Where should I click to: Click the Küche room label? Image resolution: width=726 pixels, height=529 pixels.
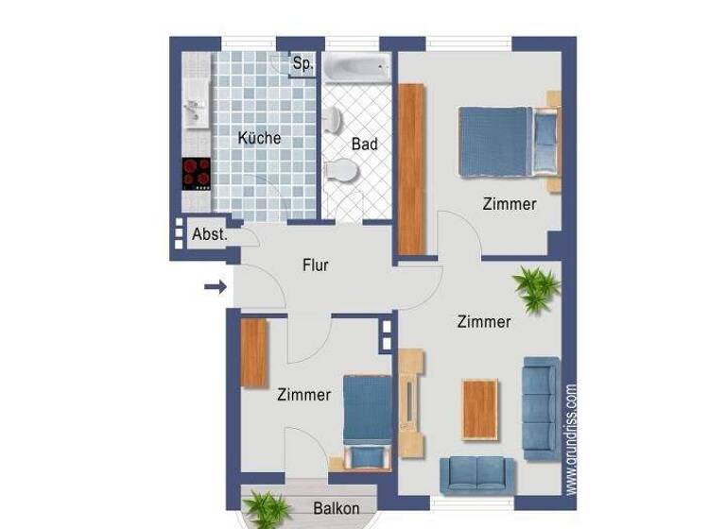(259, 138)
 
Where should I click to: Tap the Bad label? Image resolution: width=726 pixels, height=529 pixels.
(364, 145)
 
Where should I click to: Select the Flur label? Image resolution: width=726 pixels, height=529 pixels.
(315, 265)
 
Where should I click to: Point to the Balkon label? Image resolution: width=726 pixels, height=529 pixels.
(336, 508)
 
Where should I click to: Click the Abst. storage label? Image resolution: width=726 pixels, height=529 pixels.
(209, 234)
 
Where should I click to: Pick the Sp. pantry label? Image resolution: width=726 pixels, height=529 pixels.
(302, 64)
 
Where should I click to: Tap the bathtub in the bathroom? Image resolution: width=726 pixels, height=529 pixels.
(356, 67)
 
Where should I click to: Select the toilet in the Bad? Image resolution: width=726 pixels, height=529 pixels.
(341, 170)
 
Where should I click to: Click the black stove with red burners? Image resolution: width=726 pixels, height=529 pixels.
(197, 173)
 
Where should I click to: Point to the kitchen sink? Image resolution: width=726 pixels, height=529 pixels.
(196, 111)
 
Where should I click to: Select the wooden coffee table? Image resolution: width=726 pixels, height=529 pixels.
(479, 408)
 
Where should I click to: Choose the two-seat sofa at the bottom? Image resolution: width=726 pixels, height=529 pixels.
(477, 473)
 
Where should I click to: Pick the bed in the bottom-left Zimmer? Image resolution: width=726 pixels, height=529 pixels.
(366, 419)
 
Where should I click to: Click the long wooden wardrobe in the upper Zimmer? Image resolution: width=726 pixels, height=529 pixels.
(411, 169)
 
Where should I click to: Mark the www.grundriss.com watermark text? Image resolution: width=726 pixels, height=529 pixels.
(571, 438)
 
